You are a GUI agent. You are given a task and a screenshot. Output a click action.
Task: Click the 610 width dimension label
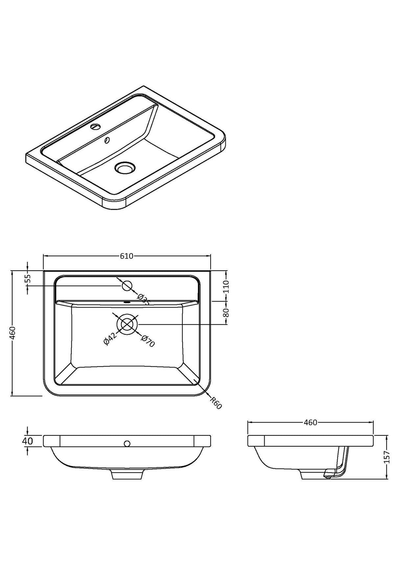tap(127, 256)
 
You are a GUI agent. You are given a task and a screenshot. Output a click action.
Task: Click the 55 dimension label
tap(28, 279)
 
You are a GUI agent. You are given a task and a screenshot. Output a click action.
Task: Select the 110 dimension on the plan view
tap(226, 287)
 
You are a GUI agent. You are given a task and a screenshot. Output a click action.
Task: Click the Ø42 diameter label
tap(109, 339)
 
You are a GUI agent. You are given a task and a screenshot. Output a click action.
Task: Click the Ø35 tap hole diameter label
tap(143, 299)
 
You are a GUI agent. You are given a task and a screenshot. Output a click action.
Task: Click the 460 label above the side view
tap(310, 423)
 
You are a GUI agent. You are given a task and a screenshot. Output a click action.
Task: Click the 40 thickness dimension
tap(28, 441)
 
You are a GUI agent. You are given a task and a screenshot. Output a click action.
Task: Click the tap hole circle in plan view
tap(127, 286)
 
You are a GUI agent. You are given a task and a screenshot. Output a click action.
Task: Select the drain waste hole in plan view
tap(127, 324)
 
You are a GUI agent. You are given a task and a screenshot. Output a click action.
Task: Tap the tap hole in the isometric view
tap(96, 126)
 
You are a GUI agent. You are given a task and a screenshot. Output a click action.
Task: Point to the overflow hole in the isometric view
tap(107, 140)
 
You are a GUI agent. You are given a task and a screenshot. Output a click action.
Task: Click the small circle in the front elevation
tap(127, 444)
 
